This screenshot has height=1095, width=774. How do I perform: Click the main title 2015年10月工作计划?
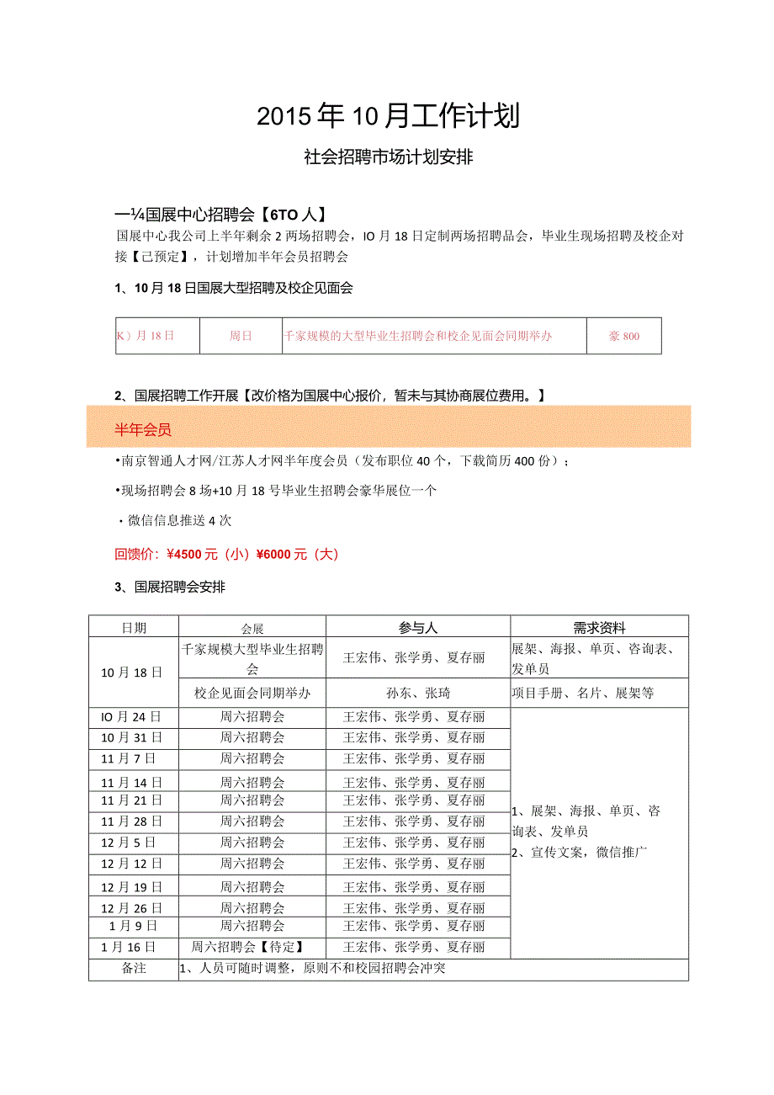pos(388,116)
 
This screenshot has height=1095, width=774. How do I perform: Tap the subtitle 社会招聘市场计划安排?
pos(388,157)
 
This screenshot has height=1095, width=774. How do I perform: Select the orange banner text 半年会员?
pos(143,430)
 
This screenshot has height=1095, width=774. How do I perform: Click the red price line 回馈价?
pos(226,554)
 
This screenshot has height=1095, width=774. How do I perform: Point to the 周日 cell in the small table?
pos(241,336)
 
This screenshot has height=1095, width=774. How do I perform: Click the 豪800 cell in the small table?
pos(624,336)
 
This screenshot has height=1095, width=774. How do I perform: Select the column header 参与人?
pos(418,627)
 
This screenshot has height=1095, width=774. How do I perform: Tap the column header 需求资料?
pos(599,627)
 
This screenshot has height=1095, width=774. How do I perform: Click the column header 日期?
pos(134,627)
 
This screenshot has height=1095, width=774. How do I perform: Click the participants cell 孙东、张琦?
pos(418,694)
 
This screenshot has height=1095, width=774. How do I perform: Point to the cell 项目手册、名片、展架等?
pos(582,694)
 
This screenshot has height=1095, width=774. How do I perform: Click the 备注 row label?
pos(134,969)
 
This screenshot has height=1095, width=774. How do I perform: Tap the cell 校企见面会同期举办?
pos(252,694)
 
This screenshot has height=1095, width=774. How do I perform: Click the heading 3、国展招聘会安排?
pos(170,587)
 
